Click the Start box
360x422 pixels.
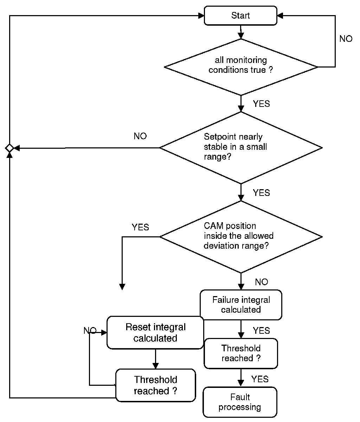pos(240,15)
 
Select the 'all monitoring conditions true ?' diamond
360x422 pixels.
pos(241,67)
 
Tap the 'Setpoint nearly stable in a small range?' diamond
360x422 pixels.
pos(241,148)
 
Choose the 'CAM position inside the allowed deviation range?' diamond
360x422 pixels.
pos(241,237)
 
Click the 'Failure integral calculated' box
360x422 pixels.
pos(241,305)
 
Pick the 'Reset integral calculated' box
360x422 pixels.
pos(155,333)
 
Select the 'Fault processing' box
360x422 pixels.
pos(240,402)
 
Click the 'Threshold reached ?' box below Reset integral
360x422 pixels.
pos(155,385)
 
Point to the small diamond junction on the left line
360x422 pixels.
pos(9,148)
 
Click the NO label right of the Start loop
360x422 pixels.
pos(346,39)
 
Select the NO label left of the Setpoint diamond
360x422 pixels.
pos(140,136)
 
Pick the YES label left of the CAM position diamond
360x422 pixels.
pos(140,227)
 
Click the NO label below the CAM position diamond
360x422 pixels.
pos(262,282)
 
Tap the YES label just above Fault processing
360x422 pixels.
pos(260,379)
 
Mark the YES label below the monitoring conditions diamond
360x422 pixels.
pos(262,104)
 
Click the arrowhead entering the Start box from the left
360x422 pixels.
pos(201,16)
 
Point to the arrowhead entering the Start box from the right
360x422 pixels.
pos(280,15)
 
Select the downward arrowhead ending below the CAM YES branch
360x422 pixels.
pos(122,287)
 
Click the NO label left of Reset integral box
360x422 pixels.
pos(90,331)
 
